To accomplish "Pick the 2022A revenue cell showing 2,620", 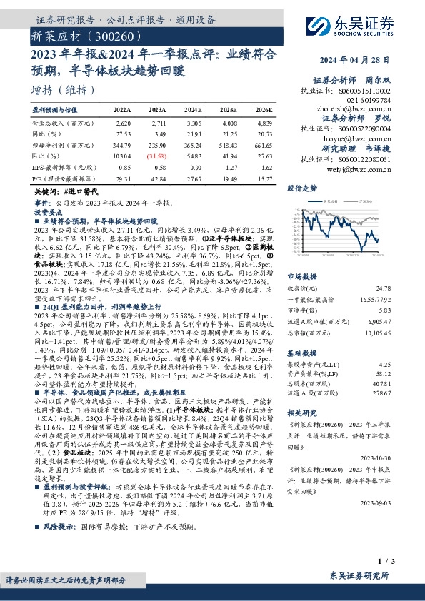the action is pyautogui.click(x=123, y=123).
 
